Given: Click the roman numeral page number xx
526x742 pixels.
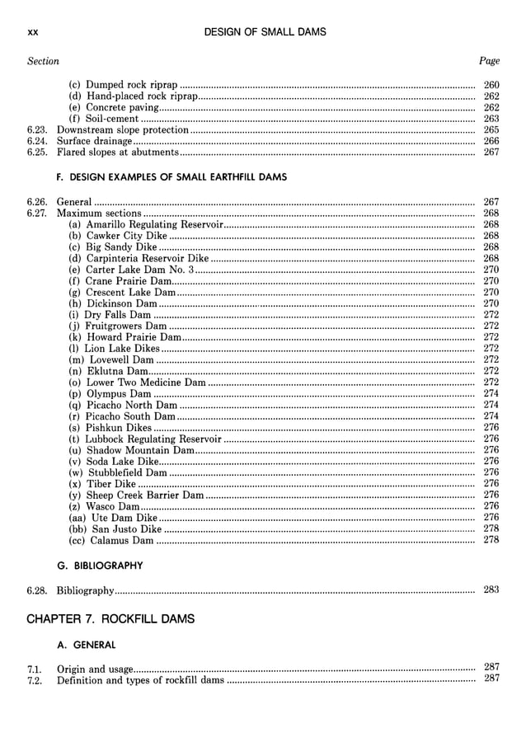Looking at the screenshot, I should [x=33, y=32].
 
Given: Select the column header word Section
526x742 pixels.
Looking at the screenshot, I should [x=43, y=61].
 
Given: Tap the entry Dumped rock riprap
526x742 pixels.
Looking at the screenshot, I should [x=123, y=85].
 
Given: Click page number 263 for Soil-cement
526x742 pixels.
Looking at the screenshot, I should [x=491, y=119].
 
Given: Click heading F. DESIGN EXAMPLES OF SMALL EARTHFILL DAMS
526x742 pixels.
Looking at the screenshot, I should [x=171, y=176].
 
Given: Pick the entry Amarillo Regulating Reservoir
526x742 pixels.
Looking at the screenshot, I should [x=146, y=224].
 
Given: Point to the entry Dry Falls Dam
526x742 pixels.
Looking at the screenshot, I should [x=110, y=315].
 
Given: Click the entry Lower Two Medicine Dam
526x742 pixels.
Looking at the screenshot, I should [x=137, y=383].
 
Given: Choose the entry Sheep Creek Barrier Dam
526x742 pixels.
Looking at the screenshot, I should [x=136, y=495].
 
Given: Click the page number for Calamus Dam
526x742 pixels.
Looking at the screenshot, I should [x=491, y=540].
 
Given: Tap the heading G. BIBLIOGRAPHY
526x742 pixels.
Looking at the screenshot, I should [x=99, y=566].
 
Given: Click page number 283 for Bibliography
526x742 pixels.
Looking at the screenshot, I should [x=491, y=590].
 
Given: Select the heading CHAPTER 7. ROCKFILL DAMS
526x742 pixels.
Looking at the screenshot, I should [x=111, y=618].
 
